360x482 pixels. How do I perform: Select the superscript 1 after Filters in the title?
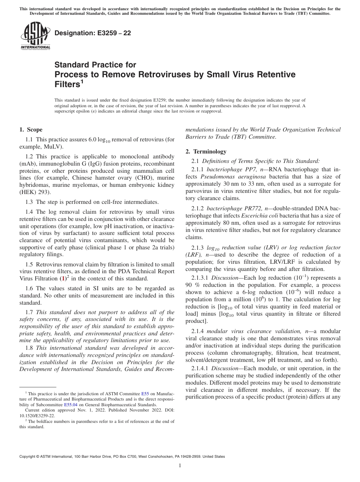[81, 82]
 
